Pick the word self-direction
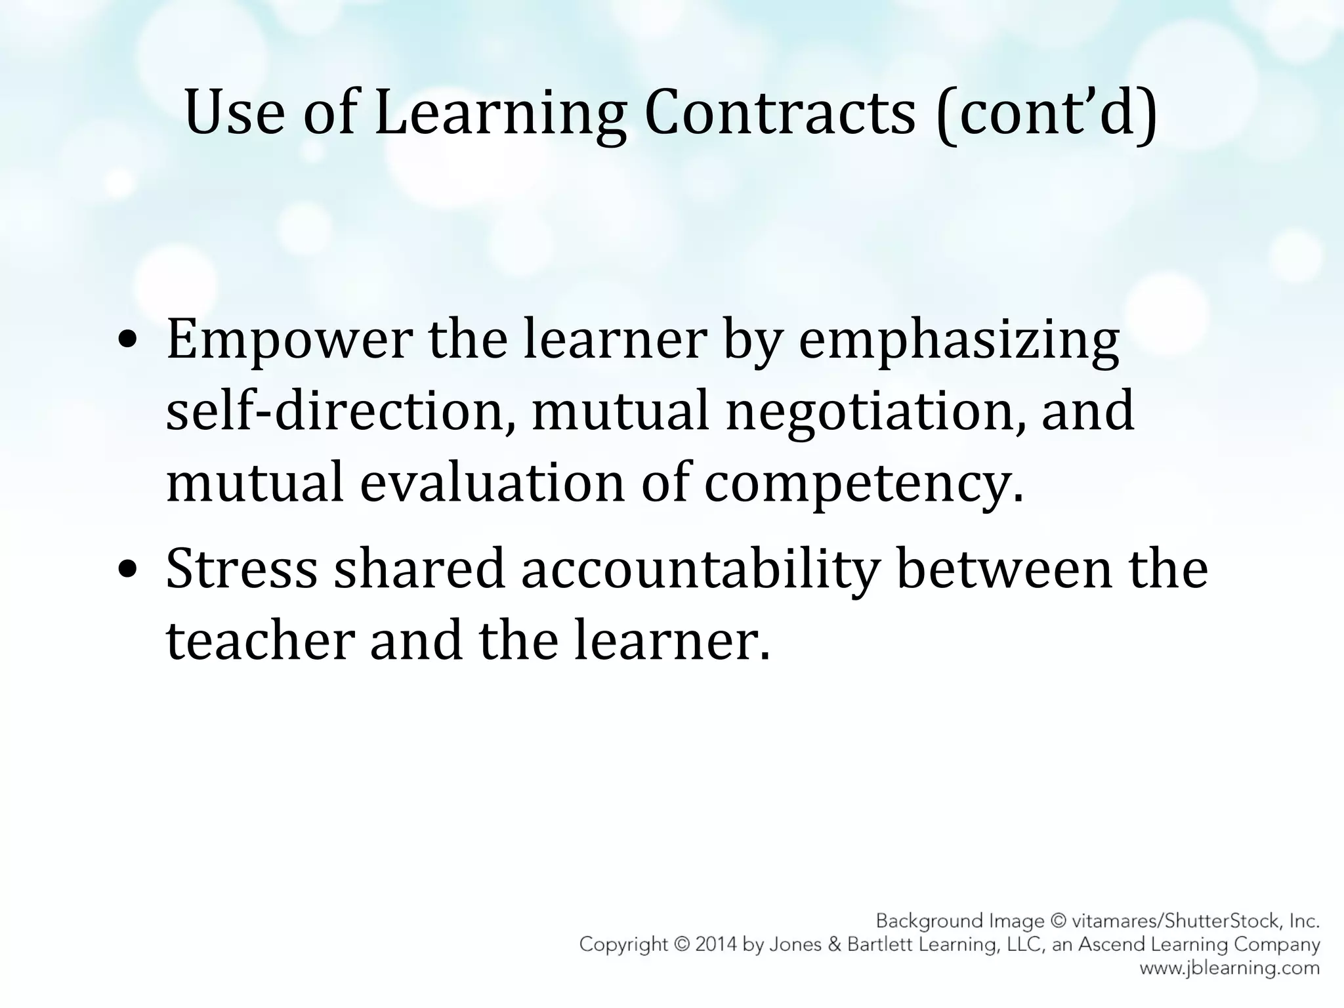point(340,412)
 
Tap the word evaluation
point(492,483)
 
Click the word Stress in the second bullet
point(241,568)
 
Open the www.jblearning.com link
point(1228,968)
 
